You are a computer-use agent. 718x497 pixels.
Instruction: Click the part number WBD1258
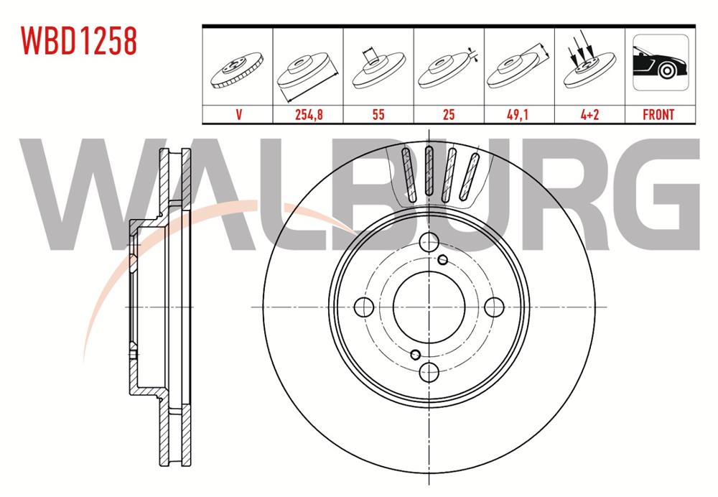[x=79, y=42]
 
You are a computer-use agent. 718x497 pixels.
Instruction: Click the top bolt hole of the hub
[x=429, y=242]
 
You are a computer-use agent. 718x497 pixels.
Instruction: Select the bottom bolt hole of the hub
[x=429, y=371]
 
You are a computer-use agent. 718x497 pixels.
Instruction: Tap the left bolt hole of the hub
[x=365, y=307]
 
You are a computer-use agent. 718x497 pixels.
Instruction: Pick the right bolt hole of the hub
[x=494, y=307]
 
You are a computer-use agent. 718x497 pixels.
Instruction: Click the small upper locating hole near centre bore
[x=442, y=260]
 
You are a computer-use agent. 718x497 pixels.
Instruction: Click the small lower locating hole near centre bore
[x=415, y=353]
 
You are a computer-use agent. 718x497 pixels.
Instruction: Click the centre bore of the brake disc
[x=429, y=307]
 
